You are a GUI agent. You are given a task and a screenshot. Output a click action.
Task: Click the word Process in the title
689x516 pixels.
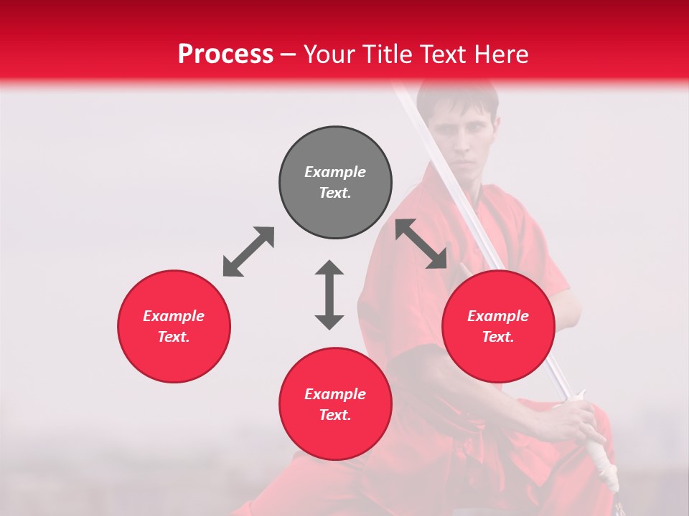coord(225,54)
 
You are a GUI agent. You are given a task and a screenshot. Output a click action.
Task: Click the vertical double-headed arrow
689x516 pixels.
coord(329,295)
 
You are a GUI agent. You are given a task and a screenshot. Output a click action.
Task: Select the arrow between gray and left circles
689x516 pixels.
coord(248,252)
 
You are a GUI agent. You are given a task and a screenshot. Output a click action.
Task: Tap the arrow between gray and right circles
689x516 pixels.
coord(421,244)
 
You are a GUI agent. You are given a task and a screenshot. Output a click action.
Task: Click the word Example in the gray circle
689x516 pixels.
coord(335,172)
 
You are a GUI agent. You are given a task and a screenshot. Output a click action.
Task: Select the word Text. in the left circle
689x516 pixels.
coord(174,337)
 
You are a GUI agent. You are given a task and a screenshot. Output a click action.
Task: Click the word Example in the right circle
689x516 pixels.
coord(498,316)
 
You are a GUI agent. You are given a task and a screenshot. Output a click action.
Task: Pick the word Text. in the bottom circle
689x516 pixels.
coord(335,415)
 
